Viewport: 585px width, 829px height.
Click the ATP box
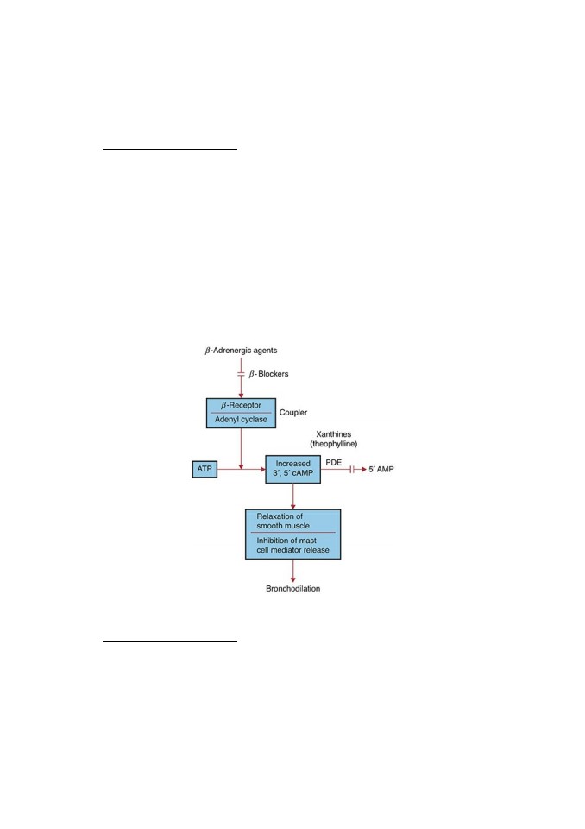coord(204,469)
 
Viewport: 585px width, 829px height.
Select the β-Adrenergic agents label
coord(241,350)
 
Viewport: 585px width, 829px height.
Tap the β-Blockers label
coord(269,374)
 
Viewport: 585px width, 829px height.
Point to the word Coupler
coord(293,413)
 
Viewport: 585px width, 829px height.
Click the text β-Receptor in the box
coord(241,405)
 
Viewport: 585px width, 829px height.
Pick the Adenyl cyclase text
coord(241,420)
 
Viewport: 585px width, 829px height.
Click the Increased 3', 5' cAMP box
coord(292,469)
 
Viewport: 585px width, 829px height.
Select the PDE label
coord(333,462)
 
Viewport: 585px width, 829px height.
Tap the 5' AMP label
coord(381,469)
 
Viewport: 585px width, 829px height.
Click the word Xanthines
coord(333,434)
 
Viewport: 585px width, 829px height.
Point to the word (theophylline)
coord(333,444)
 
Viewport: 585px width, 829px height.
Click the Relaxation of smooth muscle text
coord(283,521)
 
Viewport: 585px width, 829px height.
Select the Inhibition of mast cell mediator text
coord(292,545)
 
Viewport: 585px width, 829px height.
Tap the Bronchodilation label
coord(292,588)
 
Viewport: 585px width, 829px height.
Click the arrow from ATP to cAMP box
coord(242,469)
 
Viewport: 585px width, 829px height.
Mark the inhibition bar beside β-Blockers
coord(241,374)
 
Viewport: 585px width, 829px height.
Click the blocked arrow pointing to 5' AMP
coord(343,469)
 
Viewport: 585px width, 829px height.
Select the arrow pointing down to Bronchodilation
coord(293,571)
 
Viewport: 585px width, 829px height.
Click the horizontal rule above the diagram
coord(170,149)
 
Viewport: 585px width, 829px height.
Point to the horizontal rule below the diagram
coord(170,641)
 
